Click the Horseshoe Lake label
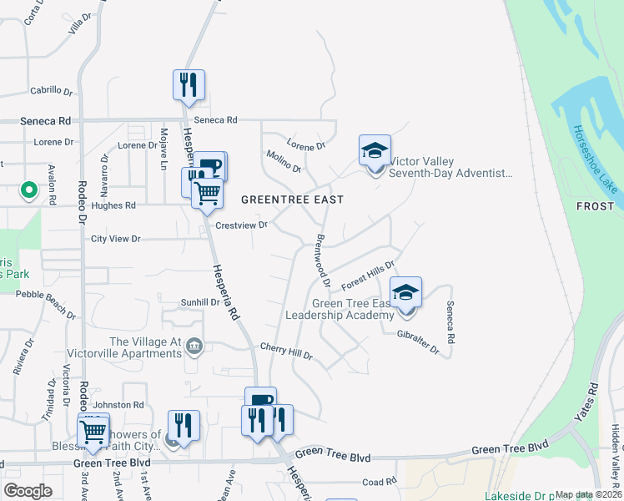(595, 159)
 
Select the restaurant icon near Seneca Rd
(189, 85)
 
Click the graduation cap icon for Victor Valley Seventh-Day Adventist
(375, 152)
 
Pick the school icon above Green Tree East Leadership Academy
(406, 293)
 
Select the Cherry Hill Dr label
(286, 352)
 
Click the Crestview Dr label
(241, 225)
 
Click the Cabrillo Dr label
(52, 90)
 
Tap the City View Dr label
(116, 239)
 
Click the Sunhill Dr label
(199, 301)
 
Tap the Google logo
(28, 490)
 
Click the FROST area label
(599, 205)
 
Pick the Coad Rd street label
(379, 482)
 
